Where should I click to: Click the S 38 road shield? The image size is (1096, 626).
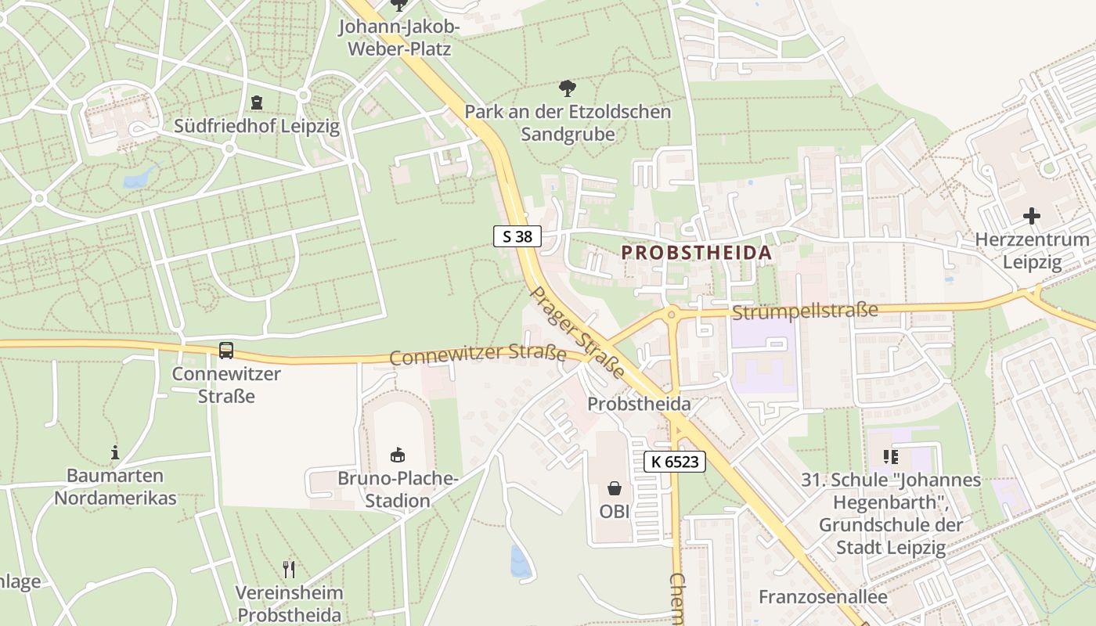click(x=517, y=236)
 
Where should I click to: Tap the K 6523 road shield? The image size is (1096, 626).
click(x=675, y=462)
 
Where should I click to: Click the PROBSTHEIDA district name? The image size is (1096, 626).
click(x=696, y=253)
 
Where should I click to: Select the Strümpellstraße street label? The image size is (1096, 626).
click(x=805, y=311)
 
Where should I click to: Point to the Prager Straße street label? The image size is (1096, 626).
click(x=577, y=332)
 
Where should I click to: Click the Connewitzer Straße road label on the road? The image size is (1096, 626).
click(x=478, y=355)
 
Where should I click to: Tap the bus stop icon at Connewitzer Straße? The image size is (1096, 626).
click(x=226, y=350)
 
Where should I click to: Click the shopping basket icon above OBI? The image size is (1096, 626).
click(x=615, y=489)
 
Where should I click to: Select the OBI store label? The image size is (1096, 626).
click(x=615, y=511)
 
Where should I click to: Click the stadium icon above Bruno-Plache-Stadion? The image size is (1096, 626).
click(x=398, y=455)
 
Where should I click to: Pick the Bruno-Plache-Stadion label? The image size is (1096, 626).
click(x=398, y=489)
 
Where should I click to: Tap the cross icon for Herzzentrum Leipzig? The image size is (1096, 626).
click(x=1032, y=215)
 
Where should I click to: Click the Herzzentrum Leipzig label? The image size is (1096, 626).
click(x=1032, y=250)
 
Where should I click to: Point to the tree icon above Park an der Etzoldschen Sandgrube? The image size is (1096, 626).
click(x=568, y=88)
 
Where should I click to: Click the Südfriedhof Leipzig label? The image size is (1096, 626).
click(x=257, y=126)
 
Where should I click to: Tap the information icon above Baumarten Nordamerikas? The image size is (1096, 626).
click(x=115, y=452)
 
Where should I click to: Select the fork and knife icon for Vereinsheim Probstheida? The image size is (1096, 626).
click(x=289, y=569)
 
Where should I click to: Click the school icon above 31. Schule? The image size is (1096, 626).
click(x=890, y=456)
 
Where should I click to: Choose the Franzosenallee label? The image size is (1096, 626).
click(x=823, y=597)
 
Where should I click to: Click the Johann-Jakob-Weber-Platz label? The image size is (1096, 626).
click(x=399, y=37)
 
